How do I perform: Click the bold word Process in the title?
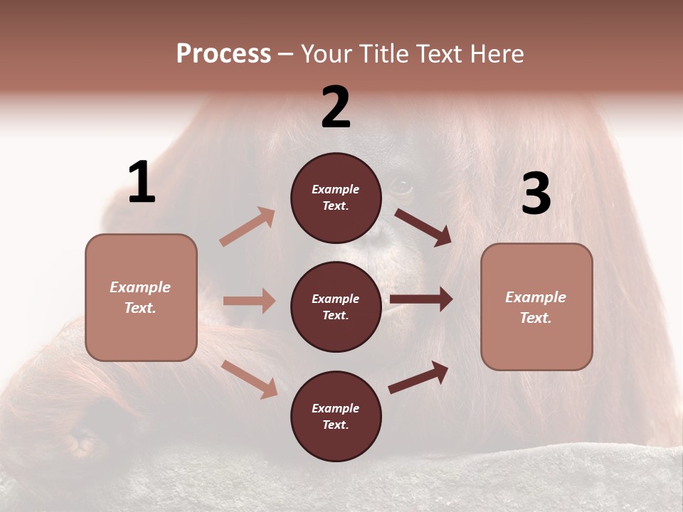pos(223,54)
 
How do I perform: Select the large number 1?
pos(142,182)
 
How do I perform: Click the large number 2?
pos(336,107)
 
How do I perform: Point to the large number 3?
pos(536,193)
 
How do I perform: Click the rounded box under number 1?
pos(141,297)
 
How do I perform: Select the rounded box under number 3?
pos(536,306)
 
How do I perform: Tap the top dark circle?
pos(336,198)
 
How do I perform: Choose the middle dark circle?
pos(336,306)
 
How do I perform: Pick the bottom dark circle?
pos(336,416)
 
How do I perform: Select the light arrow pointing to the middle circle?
pos(249,301)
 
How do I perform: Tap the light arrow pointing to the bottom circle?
pos(250,379)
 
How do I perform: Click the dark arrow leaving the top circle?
pos(423,228)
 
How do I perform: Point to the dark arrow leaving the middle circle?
pos(420,299)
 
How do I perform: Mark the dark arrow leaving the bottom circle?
pos(418,378)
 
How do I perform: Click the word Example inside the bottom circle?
pos(336,408)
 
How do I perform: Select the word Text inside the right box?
pos(536,318)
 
